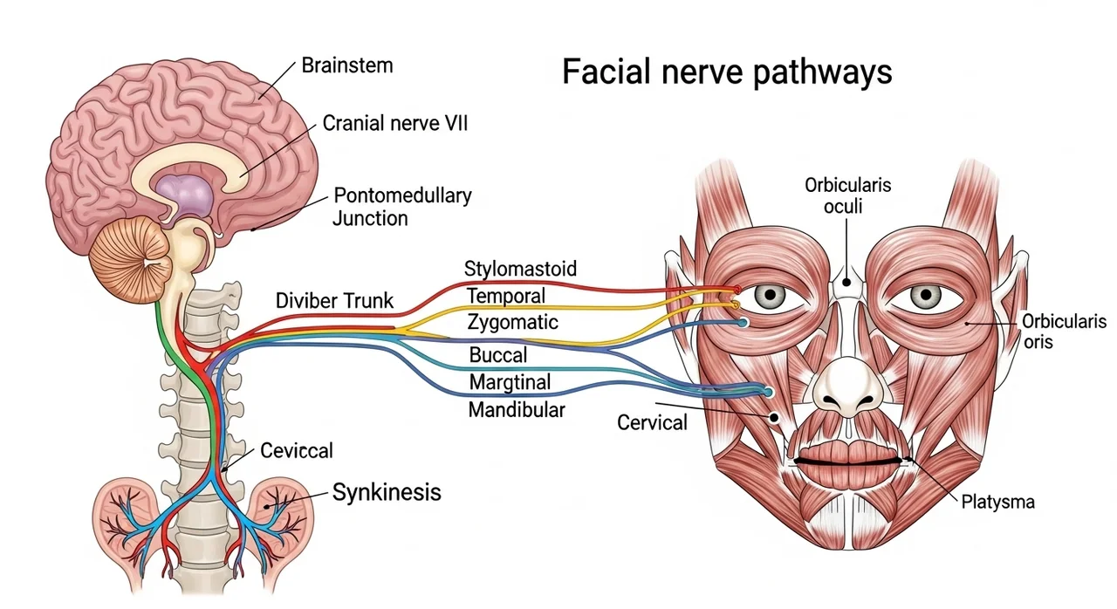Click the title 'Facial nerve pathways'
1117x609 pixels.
(726, 71)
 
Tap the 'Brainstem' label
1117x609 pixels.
(347, 65)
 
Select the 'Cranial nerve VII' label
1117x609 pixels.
(395, 124)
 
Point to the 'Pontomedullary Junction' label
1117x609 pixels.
(402, 206)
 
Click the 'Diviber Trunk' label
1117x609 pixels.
(334, 302)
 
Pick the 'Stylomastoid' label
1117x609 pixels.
(520, 268)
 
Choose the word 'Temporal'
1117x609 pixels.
(506, 296)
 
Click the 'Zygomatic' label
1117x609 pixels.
(512, 323)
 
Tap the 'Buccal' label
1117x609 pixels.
(498, 355)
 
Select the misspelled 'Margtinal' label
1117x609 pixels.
(511, 382)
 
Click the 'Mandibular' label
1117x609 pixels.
(517, 409)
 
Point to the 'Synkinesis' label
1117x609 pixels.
(387, 492)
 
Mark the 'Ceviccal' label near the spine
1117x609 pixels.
(297, 451)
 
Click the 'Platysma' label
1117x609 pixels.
(997, 502)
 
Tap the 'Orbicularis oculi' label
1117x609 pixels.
(848, 197)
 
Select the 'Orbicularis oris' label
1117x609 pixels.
(1063, 332)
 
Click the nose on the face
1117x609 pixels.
(844, 384)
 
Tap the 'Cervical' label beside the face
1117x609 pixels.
(652, 423)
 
